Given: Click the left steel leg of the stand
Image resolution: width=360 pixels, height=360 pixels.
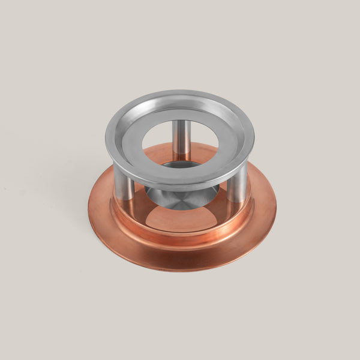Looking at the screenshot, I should tap(124, 183).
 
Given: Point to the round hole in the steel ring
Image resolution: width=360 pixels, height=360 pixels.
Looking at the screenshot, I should tap(180, 143).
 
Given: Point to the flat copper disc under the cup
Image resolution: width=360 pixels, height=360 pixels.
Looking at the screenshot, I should tap(180, 219).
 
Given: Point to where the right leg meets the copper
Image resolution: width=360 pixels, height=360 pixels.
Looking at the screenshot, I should tap(236, 202).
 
